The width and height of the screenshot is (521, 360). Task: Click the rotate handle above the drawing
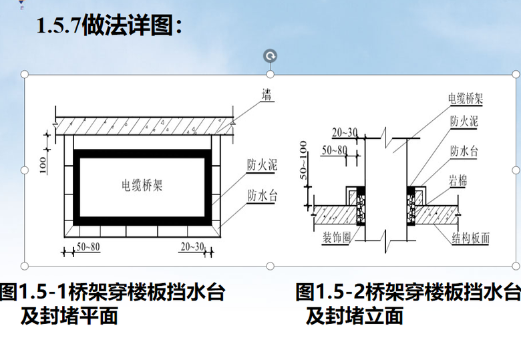pyautogui.click(x=270, y=56)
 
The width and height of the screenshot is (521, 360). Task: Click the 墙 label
pyautogui.click(x=267, y=95)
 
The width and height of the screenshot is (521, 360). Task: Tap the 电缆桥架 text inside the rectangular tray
pyautogui.click(x=142, y=185)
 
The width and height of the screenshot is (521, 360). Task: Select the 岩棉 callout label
pyautogui.click(x=458, y=181)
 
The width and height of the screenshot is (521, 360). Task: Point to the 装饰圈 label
pyautogui.click(x=337, y=238)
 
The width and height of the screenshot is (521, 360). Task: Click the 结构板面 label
pyautogui.click(x=470, y=238)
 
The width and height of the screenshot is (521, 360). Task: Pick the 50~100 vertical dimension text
pyautogui.click(x=303, y=160)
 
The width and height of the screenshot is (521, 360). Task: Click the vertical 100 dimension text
pyautogui.click(x=43, y=165)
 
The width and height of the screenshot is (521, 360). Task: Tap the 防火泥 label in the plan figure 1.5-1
pyautogui.click(x=262, y=165)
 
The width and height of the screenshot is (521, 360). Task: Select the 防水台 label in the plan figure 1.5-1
pyautogui.click(x=262, y=195)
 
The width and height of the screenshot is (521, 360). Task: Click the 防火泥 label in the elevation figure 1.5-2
pyautogui.click(x=464, y=121)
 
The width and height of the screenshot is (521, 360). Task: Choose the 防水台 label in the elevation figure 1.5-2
pyautogui.click(x=464, y=151)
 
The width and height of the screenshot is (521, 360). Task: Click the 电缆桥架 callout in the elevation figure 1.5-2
pyautogui.click(x=465, y=99)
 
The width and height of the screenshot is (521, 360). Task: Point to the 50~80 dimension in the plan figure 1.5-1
pyautogui.click(x=88, y=246)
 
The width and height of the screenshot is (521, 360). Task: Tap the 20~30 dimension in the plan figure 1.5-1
pyautogui.click(x=192, y=246)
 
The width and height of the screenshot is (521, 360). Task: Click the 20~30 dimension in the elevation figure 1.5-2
pyautogui.click(x=345, y=132)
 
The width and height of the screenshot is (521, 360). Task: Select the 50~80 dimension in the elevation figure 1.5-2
pyautogui.click(x=334, y=150)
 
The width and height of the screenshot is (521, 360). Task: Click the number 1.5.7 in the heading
pyautogui.click(x=59, y=25)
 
